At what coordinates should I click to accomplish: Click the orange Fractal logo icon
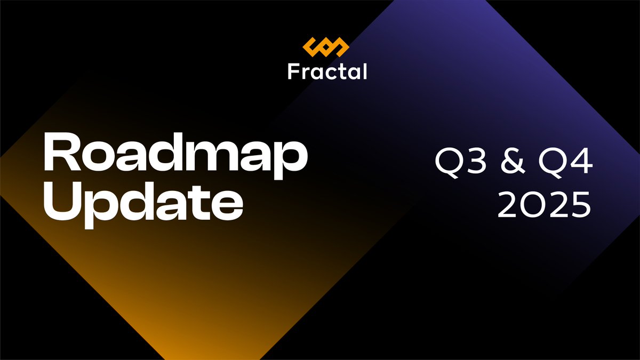pos(326,47)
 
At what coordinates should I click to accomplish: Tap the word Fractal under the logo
pos(327,71)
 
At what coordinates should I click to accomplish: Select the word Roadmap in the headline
pos(175,156)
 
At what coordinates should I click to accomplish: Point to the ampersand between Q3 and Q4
pos(513,163)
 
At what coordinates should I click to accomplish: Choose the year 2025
pos(544,205)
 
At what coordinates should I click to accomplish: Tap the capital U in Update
pos(61,203)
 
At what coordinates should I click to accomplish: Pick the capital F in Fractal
pos(293,71)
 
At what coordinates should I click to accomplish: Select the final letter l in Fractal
pos(365,71)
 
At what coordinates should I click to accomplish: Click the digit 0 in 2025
pos(533,205)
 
